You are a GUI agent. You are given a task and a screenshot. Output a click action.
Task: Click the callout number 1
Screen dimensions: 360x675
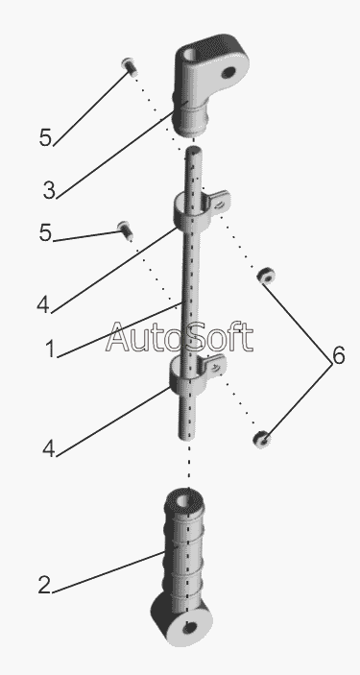coord(50,349)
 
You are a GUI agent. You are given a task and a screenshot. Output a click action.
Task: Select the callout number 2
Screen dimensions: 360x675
coord(44,585)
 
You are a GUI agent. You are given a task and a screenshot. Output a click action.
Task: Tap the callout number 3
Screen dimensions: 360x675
coord(49,190)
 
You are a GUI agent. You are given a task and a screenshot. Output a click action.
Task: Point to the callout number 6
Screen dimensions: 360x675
coord(339,356)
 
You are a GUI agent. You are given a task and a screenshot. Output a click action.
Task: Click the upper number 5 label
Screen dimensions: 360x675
coord(45,137)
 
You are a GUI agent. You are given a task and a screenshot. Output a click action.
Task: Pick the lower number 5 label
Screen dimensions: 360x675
coord(45,233)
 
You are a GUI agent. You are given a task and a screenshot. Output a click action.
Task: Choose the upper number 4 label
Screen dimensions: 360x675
coord(43,304)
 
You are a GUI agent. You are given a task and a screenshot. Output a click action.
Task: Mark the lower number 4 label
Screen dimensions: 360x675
coord(49,449)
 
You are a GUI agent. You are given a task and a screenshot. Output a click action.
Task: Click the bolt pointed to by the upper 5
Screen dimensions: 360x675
coord(130,66)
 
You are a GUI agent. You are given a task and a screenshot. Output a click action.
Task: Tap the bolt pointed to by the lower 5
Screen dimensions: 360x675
coord(125,230)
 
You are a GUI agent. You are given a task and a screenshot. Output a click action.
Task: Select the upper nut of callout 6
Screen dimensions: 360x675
coord(266,276)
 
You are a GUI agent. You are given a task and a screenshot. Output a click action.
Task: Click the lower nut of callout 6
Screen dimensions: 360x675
coord(262,439)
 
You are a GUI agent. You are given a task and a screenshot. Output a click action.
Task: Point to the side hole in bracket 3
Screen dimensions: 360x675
coord(228,72)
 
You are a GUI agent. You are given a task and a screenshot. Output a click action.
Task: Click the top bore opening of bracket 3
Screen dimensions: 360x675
coord(191,56)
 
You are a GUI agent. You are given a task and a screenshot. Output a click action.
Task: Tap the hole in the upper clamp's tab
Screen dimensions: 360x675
coord(220,205)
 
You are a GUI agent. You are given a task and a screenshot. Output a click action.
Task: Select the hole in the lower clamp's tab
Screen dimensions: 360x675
coord(216,367)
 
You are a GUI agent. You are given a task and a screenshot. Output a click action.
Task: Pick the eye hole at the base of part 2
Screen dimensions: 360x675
coord(189,628)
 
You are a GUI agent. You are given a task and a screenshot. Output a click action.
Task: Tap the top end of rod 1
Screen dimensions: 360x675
coord(194,150)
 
